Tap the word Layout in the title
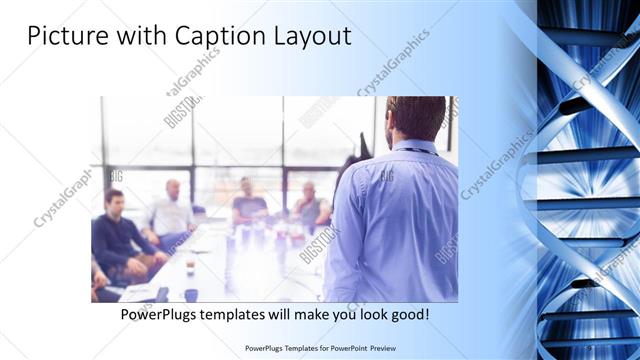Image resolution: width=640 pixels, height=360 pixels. click(312, 36)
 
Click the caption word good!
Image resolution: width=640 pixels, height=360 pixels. click(408, 314)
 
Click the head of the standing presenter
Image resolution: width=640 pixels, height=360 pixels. click(414, 118)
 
